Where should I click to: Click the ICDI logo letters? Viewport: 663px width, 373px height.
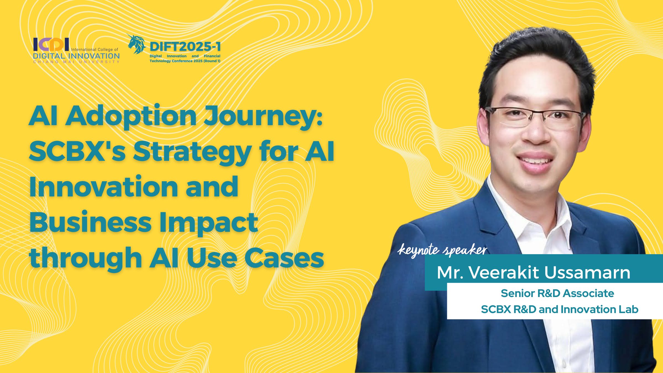pos(51,44)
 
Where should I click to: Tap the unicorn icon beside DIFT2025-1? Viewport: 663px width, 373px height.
pos(136,44)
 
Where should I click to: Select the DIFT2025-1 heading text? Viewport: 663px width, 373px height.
pos(185,47)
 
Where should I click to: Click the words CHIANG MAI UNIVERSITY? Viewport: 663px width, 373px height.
pos(76,62)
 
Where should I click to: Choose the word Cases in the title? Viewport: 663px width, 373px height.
pos(284,258)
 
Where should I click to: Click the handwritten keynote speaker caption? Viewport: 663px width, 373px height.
pos(442,251)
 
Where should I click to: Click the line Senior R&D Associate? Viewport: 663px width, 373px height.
pos(557,293)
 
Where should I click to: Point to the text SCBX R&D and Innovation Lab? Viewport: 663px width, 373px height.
pos(560,309)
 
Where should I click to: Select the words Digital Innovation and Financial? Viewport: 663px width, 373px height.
pos(185,56)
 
